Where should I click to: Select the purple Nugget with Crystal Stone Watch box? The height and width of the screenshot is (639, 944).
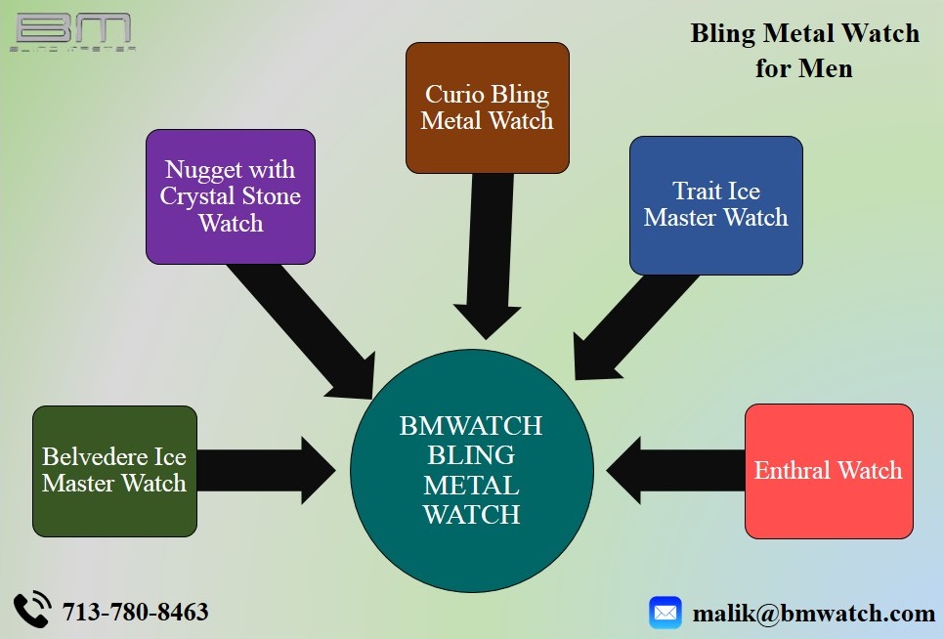pos(231,196)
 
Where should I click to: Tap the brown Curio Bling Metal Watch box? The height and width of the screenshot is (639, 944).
pos(487,107)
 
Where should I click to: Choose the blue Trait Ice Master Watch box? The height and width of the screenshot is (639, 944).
pos(715,205)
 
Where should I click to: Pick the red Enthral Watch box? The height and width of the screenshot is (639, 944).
pos(829,471)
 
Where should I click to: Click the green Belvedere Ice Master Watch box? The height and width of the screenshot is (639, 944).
pos(114,471)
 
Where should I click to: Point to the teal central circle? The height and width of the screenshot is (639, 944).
pos(472,471)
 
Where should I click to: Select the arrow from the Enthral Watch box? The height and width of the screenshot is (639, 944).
pos(674,470)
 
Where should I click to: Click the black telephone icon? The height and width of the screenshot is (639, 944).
pos(32,610)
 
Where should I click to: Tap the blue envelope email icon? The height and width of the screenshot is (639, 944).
pos(665,613)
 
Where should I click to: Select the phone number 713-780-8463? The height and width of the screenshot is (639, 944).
pos(135,613)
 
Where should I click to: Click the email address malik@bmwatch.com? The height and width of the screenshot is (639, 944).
pos(814,614)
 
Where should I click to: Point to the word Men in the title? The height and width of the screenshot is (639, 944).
pos(825,68)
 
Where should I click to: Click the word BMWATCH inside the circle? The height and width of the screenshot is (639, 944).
pos(471,426)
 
